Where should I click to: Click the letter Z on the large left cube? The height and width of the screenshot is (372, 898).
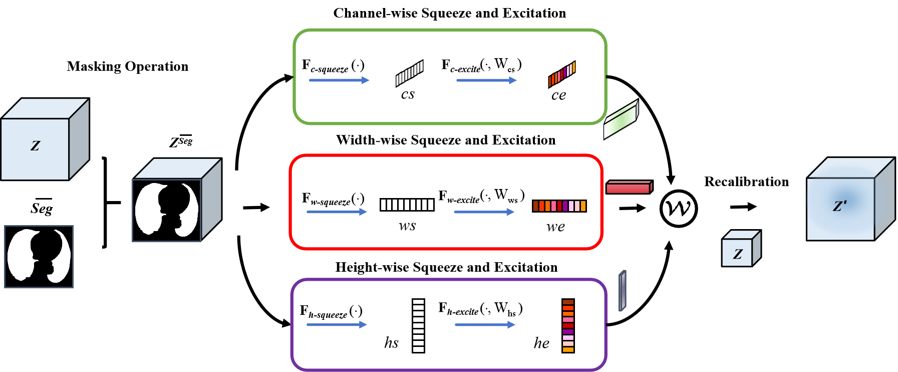(35, 146)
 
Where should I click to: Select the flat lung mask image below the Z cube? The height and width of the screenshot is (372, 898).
(39, 256)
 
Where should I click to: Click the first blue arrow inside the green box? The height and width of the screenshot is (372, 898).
(339, 80)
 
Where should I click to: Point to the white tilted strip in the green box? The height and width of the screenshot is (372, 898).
(409, 73)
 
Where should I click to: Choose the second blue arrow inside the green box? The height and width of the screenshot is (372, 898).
(486, 80)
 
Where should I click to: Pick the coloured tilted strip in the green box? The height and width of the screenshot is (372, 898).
(561, 74)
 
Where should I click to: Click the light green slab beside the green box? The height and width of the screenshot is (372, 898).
(621, 119)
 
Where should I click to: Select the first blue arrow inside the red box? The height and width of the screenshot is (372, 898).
(337, 212)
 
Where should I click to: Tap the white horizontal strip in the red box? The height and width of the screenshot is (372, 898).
(407, 205)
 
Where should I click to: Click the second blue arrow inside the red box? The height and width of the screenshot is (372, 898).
(484, 212)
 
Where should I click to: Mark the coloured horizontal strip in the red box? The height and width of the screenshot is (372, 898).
(559, 206)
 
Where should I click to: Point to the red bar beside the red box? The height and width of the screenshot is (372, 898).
(629, 188)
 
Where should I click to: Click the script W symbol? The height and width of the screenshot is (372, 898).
(678, 208)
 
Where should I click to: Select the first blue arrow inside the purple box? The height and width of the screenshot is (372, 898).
(337, 325)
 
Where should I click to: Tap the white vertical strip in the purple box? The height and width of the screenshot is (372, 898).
(418, 326)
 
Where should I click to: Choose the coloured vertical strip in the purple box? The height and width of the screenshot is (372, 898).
(568, 326)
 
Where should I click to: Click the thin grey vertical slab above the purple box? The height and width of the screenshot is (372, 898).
(622, 291)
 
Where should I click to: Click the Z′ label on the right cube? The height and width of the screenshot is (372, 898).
(839, 206)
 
